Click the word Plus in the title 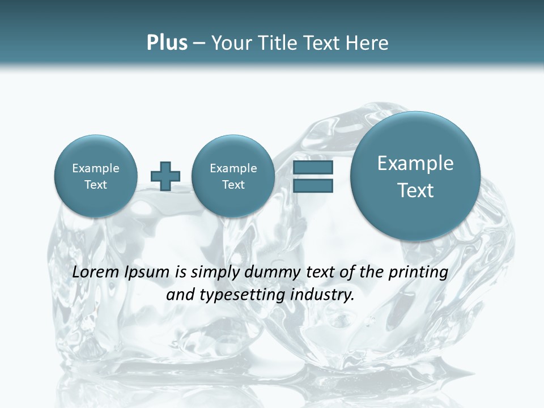tap(167, 43)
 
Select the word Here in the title tap(368, 43)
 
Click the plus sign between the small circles tap(165, 176)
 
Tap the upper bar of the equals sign tap(313, 167)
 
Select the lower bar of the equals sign tap(313, 185)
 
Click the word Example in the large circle tap(415, 163)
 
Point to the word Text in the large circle tap(415, 190)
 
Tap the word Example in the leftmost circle tap(95, 168)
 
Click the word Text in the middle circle tap(233, 185)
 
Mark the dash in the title tap(199, 43)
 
